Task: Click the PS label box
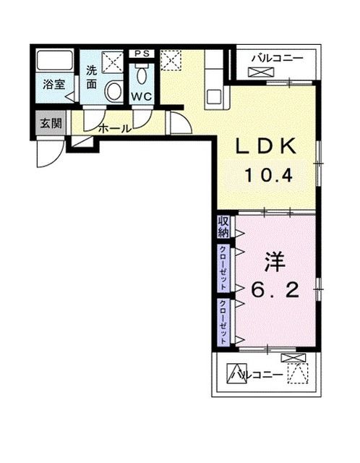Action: pyautogui.click(x=142, y=54)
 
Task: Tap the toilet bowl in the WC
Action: pyautogui.click(x=142, y=75)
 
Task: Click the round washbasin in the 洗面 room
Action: pyautogui.click(x=114, y=91)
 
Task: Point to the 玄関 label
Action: pyautogui.click(x=51, y=123)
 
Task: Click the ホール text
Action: pyautogui.click(x=114, y=129)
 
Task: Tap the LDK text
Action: pyautogui.click(x=266, y=146)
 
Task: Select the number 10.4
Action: pyautogui.click(x=268, y=175)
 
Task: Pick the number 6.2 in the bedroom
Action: pyautogui.click(x=275, y=290)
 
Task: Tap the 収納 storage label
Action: pyautogui.click(x=223, y=226)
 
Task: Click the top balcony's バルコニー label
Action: pyautogui.click(x=277, y=58)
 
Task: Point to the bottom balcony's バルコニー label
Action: pyautogui.click(x=257, y=375)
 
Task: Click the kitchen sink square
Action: pyautogui.click(x=213, y=97)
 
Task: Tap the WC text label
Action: pyautogui.click(x=142, y=96)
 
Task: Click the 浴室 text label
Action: pyautogui.click(x=54, y=85)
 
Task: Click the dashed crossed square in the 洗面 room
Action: pyautogui.click(x=112, y=62)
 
